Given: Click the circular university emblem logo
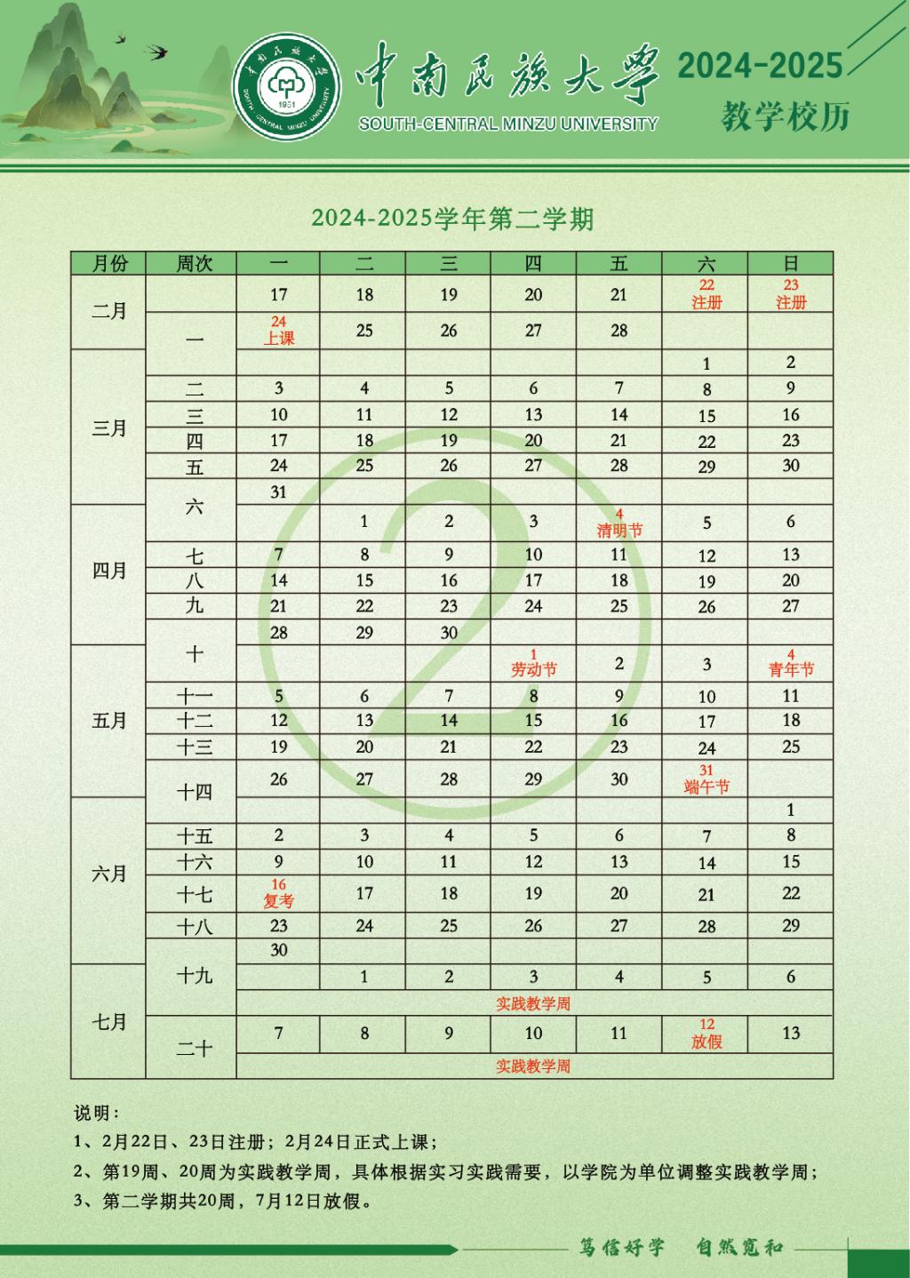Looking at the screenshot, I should (x=286, y=85).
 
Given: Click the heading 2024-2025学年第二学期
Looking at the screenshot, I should (x=452, y=219).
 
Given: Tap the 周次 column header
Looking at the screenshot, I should (x=194, y=263).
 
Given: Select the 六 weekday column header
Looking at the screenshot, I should (x=706, y=263).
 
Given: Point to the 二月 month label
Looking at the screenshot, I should (x=109, y=311).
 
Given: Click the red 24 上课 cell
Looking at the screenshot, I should (x=278, y=330).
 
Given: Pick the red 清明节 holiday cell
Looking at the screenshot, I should (x=619, y=523).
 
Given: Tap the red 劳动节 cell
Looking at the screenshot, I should (x=533, y=663).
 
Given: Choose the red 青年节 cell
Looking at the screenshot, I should (x=791, y=663).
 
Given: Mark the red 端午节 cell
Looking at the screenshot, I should (x=706, y=779).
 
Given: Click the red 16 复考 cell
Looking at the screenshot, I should (x=278, y=893).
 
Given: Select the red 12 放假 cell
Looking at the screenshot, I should (x=706, y=1034).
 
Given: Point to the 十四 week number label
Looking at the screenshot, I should (x=194, y=791).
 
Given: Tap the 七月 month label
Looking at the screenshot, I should (x=109, y=1022).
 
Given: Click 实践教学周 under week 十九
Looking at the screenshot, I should (x=533, y=1003).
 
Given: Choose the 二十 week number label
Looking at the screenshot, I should (x=194, y=1048).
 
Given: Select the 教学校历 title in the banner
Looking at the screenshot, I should (x=785, y=116).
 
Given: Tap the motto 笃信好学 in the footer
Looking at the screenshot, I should (x=622, y=1247).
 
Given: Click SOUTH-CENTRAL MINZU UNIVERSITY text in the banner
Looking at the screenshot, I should (x=507, y=124).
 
